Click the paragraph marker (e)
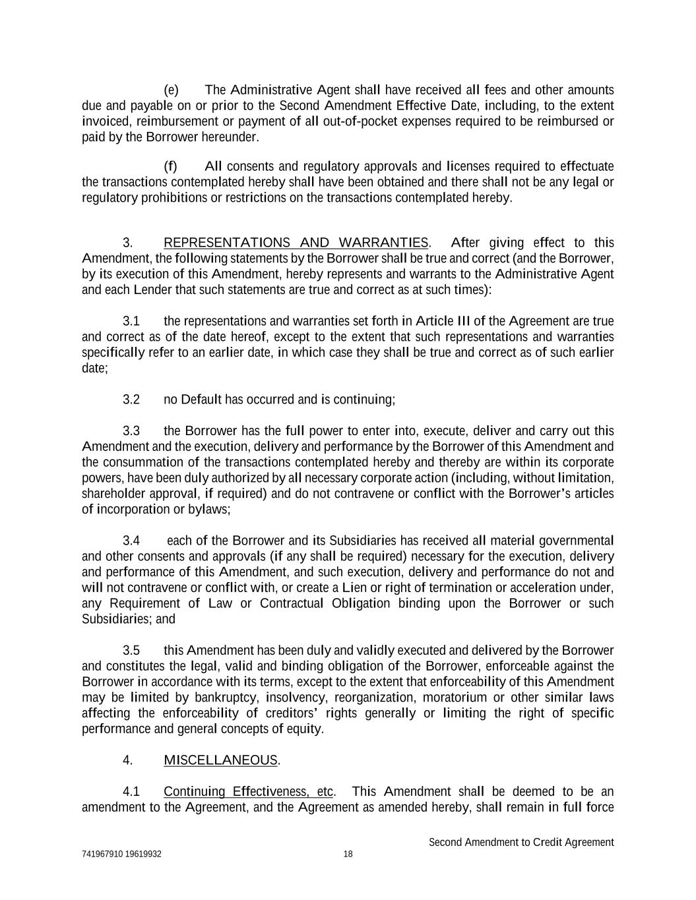(171, 90)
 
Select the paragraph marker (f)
(170, 166)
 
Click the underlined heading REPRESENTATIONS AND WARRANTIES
(296, 243)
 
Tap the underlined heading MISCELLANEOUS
(220, 760)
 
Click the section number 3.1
(131, 321)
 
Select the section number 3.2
(131, 400)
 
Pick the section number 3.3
(131, 431)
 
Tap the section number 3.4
(131, 541)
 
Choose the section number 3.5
(131, 651)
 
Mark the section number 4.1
(131, 792)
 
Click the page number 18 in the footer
(348, 855)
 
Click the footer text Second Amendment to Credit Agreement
(521, 843)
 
